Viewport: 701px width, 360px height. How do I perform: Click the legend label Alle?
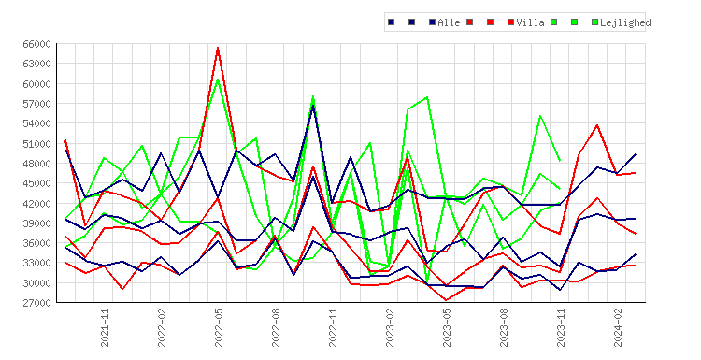pyautogui.click(x=449, y=22)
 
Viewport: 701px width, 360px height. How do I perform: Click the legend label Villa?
pyautogui.click(x=530, y=22)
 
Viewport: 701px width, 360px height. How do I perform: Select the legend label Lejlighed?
pyautogui.click(x=625, y=22)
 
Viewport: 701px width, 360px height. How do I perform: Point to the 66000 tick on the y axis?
pyautogui.click(x=36, y=44)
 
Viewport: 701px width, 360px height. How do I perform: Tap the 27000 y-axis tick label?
pyautogui.click(x=36, y=303)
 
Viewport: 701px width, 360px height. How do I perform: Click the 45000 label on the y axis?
pyautogui.click(x=36, y=183)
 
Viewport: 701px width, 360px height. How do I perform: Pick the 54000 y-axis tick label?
pyautogui.click(x=36, y=123)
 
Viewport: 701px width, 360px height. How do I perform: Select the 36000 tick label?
pyautogui.click(x=36, y=243)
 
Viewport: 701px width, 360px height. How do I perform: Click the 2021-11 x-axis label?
pyautogui.click(x=105, y=327)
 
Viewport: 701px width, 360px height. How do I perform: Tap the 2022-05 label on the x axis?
pyautogui.click(x=219, y=327)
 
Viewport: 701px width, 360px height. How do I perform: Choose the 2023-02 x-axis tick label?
pyautogui.click(x=390, y=327)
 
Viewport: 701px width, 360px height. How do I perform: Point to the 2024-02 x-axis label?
pyautogui.click(x=618, y=327)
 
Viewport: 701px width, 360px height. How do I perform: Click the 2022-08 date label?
pyautogui.click(x=276, y=327)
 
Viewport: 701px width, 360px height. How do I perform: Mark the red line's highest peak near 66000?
pyautogui.click(x=218, y=48)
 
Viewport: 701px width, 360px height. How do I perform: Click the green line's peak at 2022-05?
pyautogui.click(x=218, y=79)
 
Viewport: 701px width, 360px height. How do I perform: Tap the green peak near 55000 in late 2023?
pyautogui.click(x=540, y=115)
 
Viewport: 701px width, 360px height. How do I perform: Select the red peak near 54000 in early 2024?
pyautogui.click(x=597, y=125)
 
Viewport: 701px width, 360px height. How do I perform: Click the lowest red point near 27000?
pyautogui.click(x=446, y=300)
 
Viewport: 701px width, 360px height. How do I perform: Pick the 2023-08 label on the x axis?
pyautogui.click(x=504, y=327)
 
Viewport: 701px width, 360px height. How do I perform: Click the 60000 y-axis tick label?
pyautogui.click(x=36, y=84)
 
